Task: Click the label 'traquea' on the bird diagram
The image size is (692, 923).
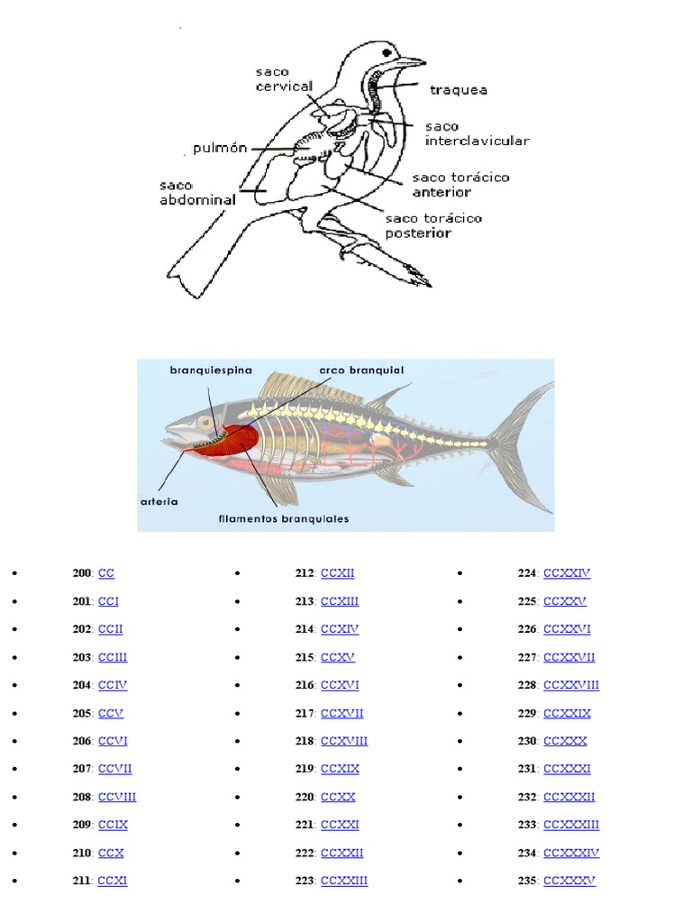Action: tap(459, 89)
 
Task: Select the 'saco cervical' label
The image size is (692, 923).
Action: tap(284, 79)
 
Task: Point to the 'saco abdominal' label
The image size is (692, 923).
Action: tap(197, 193)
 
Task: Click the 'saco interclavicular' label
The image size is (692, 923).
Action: tap(477, 133)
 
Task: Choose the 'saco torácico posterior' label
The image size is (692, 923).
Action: tap(432, 225)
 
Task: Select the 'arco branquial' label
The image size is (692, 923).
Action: tap(361, 370)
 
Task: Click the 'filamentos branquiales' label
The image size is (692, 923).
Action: tap(284, 518)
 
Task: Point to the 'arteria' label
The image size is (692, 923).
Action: tap(159, 499)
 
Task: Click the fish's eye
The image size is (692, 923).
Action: tap(206, 423)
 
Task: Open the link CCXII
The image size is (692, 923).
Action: tap(338, 573)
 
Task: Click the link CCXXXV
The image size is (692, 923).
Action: tap(569, 881)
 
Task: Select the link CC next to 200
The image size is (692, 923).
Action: tap(106, 573)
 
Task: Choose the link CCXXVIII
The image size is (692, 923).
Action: tap(571, 685)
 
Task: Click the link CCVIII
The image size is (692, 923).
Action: tap(117, 797)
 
